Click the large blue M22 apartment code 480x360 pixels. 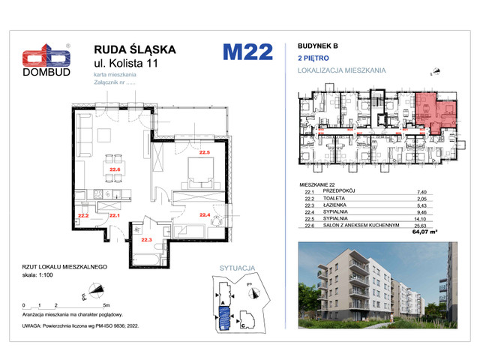[247, 52]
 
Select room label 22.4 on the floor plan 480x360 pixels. [204, 214]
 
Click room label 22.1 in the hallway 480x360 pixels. [114, 215]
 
